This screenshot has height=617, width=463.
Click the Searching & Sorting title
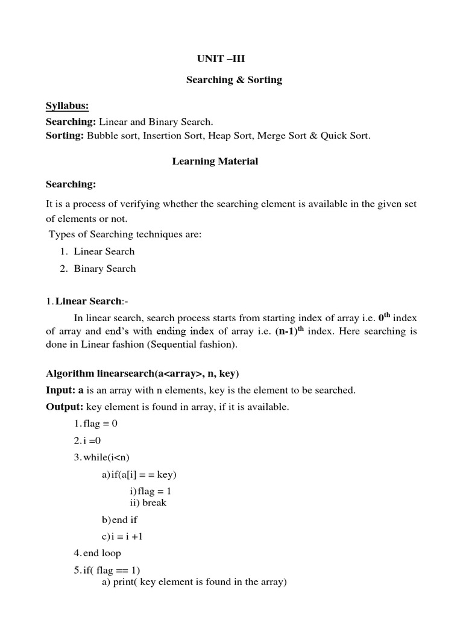point(234,80)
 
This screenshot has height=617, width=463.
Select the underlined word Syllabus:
point(68,106)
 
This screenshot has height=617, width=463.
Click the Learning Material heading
point(215,161)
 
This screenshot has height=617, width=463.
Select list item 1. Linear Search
point(98,251)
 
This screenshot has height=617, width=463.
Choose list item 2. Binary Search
point(98,269)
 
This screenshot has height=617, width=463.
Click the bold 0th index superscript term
point(385,317)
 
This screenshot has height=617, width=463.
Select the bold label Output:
point(65,407)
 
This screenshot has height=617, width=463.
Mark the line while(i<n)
point(100,457)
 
